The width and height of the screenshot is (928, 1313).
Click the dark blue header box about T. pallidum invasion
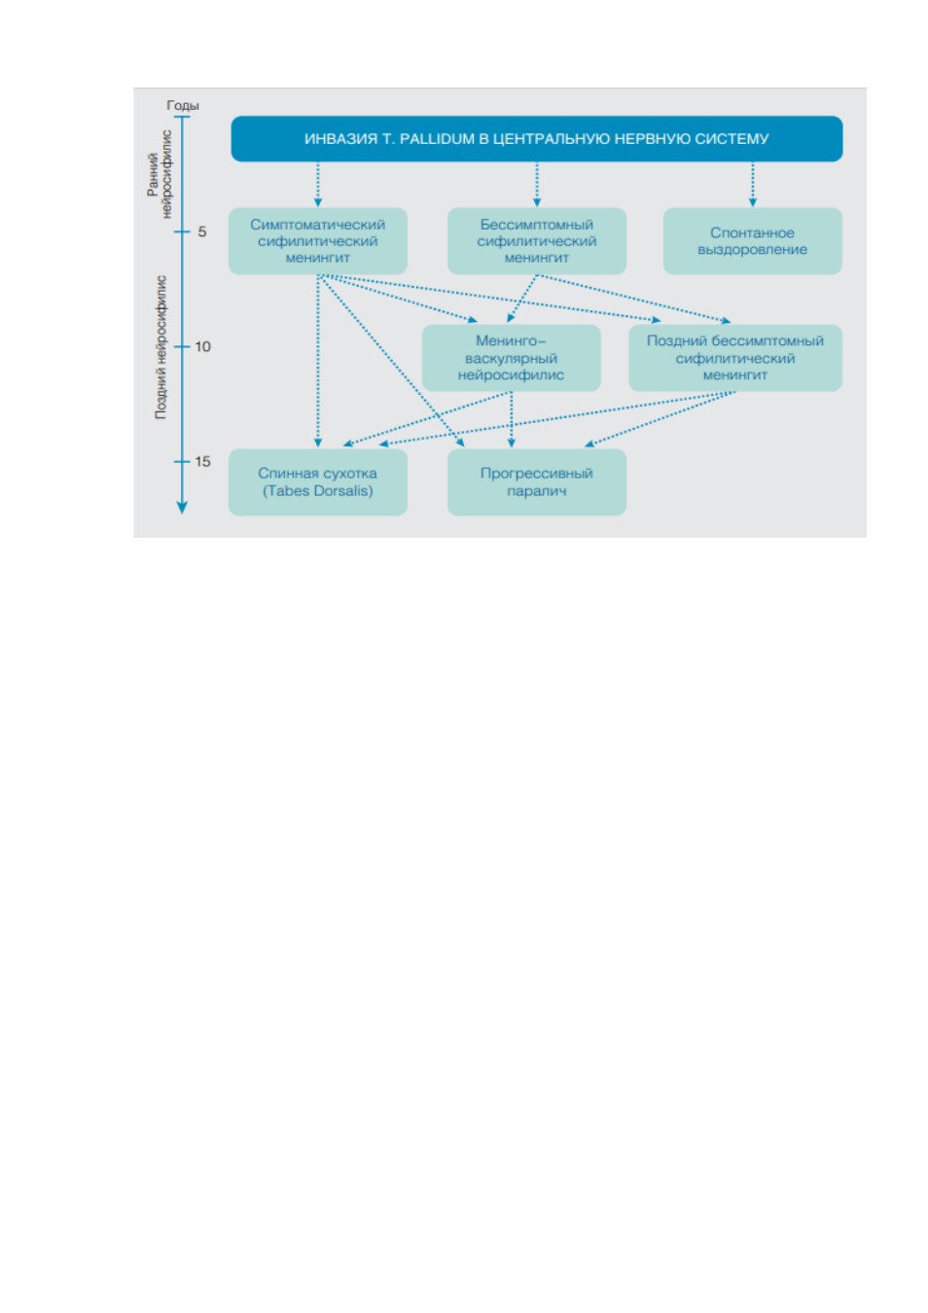(x=536, y=138)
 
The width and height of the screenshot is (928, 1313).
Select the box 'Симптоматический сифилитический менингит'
(x=318, y=241)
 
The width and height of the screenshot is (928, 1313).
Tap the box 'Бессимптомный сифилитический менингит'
(x=536, y=241)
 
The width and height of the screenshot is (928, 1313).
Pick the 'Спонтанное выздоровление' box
(x=752, y=241)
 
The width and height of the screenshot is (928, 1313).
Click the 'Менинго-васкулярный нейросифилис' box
(x=512, y=358)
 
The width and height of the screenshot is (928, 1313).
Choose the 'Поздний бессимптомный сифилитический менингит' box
(x=735, y=358)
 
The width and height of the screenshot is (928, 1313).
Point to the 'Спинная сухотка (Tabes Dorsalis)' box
(x=318, y=481)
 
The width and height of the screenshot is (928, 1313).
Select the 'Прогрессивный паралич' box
(x=536, y=481)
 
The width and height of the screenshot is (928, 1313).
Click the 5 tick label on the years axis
(x=201, y=231)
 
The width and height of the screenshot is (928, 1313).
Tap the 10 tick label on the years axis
(x=202, y=346)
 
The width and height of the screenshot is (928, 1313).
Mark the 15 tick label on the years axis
(x=202, y=461)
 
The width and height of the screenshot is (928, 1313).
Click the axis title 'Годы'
(x=183, y=105)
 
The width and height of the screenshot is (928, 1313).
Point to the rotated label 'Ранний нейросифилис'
(x=160, y=174)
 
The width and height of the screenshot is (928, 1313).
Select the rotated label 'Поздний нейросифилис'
(x=161, y=347)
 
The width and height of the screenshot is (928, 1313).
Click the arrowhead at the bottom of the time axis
(x=182, y=508)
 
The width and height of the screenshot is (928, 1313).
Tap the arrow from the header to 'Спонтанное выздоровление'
(x=753, y=184)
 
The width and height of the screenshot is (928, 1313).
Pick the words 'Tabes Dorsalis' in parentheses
(x=318, y=490)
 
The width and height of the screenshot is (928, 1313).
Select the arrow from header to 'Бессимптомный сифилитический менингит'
(x=536, y=184)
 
